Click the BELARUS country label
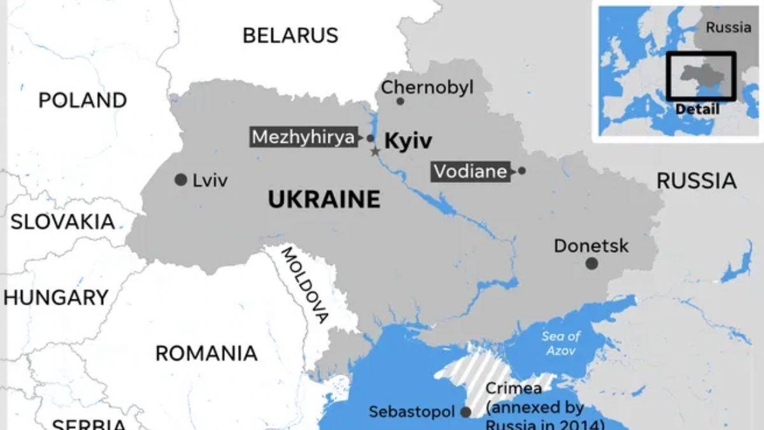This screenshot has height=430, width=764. [290, 35]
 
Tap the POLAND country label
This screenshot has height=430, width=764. [83, 100]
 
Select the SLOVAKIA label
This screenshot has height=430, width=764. [62, 222]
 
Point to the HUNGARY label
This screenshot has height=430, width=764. [56, 297]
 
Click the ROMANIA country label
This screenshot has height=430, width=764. [206, 353]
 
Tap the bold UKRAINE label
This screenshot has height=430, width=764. [323, 199]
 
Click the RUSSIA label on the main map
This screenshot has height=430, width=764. [696, 181]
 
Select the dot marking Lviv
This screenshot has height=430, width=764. [181, 180]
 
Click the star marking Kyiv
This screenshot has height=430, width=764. [375, 152]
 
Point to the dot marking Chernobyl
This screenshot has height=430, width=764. [400, 101]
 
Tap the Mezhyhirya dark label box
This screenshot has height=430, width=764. [303, 138]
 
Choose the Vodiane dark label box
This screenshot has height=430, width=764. [471, 171]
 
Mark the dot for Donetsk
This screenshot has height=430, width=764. [591, 263]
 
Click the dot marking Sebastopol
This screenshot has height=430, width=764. [465, 412]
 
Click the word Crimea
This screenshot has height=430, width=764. [513, 389]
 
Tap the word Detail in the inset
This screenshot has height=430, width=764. [697, 109]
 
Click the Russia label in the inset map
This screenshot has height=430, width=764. [728, 27]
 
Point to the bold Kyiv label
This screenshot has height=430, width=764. [407, 141]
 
